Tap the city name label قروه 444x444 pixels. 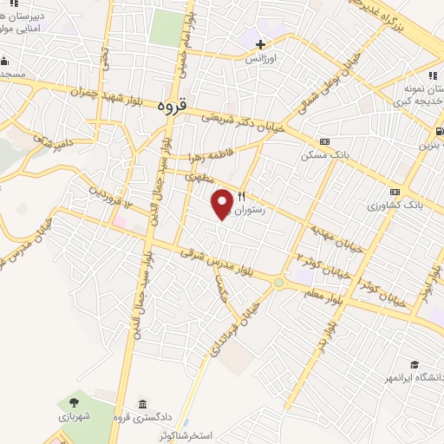[173, 108]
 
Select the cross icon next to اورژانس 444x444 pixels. [260, 43]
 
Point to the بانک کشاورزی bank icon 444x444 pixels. [396, 192]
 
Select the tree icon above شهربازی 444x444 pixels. [73, 402]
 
